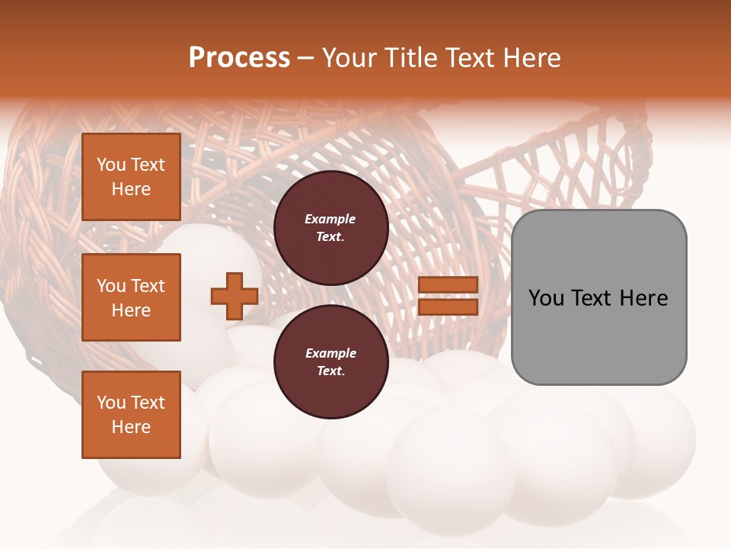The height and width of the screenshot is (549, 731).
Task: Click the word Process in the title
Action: pos(239,58)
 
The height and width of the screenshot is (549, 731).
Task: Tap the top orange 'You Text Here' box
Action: pos(131,177)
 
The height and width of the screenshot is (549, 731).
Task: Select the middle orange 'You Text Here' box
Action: pos(131,297)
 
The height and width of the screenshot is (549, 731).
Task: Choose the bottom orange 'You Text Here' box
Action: pos(131,415)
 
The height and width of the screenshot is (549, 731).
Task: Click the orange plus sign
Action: pos(234,297)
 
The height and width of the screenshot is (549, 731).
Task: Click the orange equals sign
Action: pos(448,296)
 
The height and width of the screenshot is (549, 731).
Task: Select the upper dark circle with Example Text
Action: pos(330,228)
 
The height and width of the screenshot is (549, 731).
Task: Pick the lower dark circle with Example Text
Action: pos(330,362)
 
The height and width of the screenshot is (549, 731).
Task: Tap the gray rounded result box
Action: pos(599,297)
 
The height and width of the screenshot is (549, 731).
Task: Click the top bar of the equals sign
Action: pos(448,285)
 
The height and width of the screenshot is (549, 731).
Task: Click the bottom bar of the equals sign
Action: pos(448,307)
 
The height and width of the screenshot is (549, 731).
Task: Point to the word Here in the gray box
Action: pos(643,297)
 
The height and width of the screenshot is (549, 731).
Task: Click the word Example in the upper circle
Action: pos(330,219)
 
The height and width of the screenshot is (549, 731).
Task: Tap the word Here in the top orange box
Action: pos(131,189)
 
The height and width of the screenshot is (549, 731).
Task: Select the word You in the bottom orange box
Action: pos(111,403)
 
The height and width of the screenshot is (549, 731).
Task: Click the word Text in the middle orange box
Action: pos(147,286)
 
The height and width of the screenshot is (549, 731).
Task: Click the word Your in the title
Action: pos(351,58)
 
